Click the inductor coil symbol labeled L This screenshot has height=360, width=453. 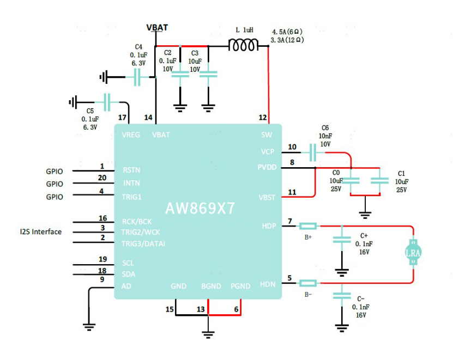pos(243,45)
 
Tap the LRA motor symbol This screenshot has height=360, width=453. pos(413,253)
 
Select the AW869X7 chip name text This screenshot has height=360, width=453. pos(200,208)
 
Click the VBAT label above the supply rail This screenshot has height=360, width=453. pos(157,27)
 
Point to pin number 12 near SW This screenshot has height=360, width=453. pos(263,118)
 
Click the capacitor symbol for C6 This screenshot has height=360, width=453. pos(313,152)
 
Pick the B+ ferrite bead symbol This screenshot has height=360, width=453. pos(308,226)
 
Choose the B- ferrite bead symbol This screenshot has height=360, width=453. pos(308,283)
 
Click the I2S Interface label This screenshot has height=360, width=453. pos(41,232)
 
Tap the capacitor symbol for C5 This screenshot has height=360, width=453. pos(107,102)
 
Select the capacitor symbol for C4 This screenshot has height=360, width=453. pos(137,77)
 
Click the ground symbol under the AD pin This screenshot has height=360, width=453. pos(89,327)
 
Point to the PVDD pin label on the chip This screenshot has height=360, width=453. pos(267,167)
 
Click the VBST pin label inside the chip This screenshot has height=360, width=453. pos(267,198)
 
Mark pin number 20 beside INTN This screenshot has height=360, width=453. pos(102,178)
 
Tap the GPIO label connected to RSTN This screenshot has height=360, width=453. pos(55,172)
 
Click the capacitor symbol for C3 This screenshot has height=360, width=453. pos(208,75)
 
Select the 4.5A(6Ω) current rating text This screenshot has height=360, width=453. pos(287,32)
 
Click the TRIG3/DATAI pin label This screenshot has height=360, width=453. pos(143,243)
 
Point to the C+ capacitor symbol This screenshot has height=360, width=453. pos(342,240)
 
